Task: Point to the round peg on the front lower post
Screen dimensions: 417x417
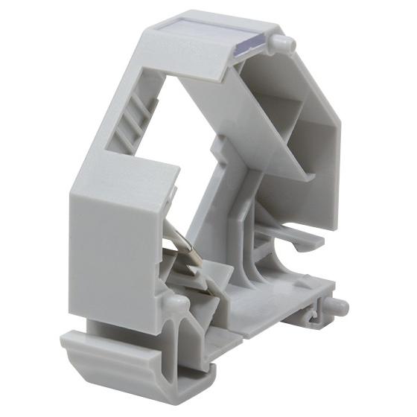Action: (x=176, y=304)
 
